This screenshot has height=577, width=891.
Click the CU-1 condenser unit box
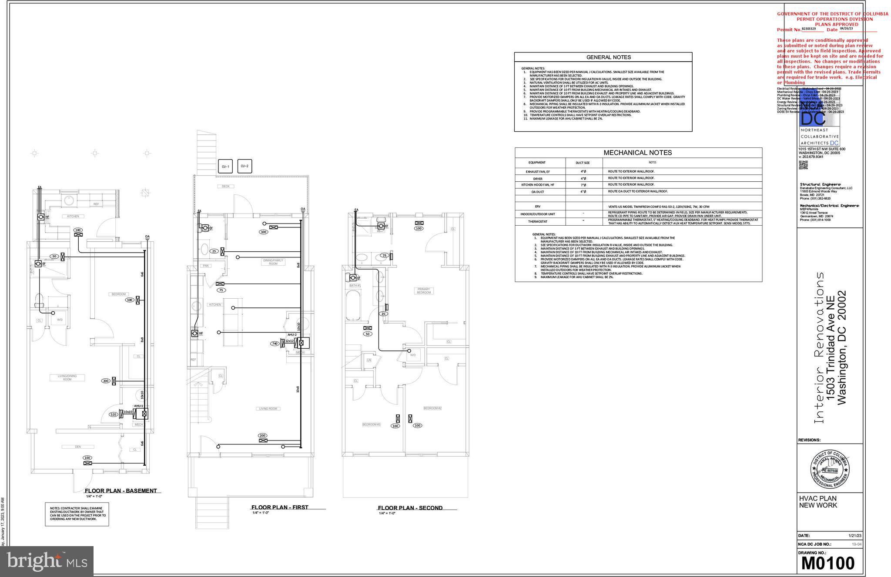click(225, 167)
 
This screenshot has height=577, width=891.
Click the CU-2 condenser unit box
click(245, 166)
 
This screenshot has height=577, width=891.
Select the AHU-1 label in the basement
click(138, 406)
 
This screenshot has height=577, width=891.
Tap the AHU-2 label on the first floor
click(292, 335)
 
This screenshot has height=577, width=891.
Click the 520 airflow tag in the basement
click(114, 414)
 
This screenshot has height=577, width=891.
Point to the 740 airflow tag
click(275, 344)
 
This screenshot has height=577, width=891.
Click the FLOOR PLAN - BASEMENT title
click(121, 491)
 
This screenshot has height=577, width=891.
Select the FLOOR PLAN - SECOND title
click(410, 508)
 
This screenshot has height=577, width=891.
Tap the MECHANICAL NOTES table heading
click(637, 153)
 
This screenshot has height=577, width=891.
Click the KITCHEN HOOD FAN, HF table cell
click(538, 185)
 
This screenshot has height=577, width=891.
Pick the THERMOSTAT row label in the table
click(538, 222)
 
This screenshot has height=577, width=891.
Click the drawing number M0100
click(827, 563)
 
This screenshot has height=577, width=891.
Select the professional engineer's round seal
click(830, 469)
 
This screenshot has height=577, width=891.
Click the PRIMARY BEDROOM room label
click(423, 291)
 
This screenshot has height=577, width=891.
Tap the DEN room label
click(78, 447)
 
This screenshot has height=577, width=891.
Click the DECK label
click(225, 186)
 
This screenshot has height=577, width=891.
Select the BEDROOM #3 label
click(371, 424)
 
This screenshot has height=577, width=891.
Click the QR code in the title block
click(803, 165)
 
